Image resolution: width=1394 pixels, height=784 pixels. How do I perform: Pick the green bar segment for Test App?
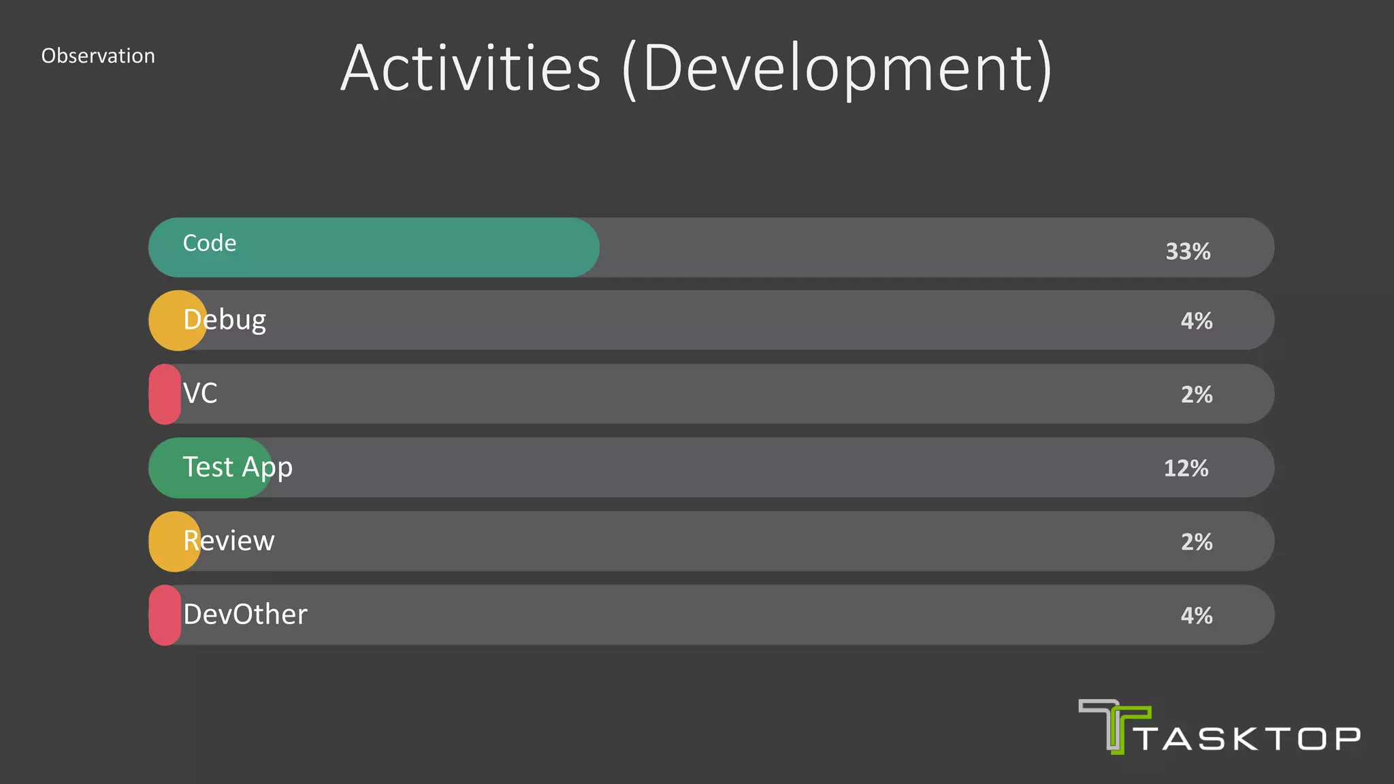point(170,468)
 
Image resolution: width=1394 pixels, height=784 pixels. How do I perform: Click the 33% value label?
point(1188,252)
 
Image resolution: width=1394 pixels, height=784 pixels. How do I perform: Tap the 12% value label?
point(1186,468)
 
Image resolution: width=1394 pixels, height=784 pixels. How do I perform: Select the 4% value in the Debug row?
point(1196,321)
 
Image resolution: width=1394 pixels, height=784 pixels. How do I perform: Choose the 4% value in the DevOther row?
point(1196,616)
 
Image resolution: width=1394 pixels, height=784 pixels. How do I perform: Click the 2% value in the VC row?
point(1196,395)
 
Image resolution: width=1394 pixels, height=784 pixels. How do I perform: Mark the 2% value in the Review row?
point(1196,542)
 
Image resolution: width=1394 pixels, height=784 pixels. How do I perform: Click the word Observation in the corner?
point(98,56)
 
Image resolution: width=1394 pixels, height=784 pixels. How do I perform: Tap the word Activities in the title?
point(470,68)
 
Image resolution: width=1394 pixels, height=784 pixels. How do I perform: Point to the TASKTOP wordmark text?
point(1249,739)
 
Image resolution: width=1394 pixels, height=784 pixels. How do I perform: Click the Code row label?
point(210,243)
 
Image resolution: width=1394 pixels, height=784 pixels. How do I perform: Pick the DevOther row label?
point(245,615)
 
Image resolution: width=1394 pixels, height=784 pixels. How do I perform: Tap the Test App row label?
point(238,468)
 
